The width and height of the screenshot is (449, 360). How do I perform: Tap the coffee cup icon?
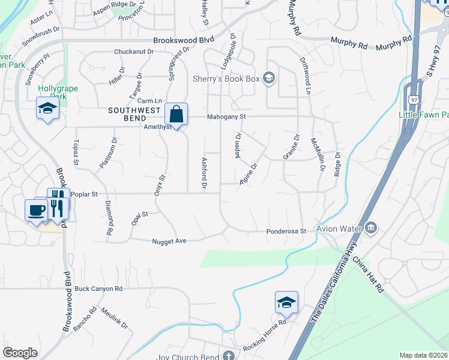click(36, 210)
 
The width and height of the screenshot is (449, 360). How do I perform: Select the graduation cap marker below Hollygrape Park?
click(46, 109)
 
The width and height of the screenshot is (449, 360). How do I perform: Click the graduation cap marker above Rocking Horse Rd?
click(286, 302)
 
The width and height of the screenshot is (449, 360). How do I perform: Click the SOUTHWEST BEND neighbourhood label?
click(134, 110)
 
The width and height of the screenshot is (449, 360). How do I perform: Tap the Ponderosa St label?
click(287, 231)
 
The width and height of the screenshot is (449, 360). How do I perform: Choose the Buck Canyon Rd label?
click(98, 289)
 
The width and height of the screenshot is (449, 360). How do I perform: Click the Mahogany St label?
click(227, 117)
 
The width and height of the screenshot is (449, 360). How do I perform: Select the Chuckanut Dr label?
click(134, 52)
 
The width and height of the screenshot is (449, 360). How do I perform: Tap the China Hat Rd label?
click(368, 275)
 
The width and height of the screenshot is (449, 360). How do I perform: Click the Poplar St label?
click(84, 194)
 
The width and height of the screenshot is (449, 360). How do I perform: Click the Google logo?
click(20, 353)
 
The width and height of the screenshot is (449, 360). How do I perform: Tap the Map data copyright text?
click(423, 355)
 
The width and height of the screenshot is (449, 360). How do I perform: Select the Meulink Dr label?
click(115, 318)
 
